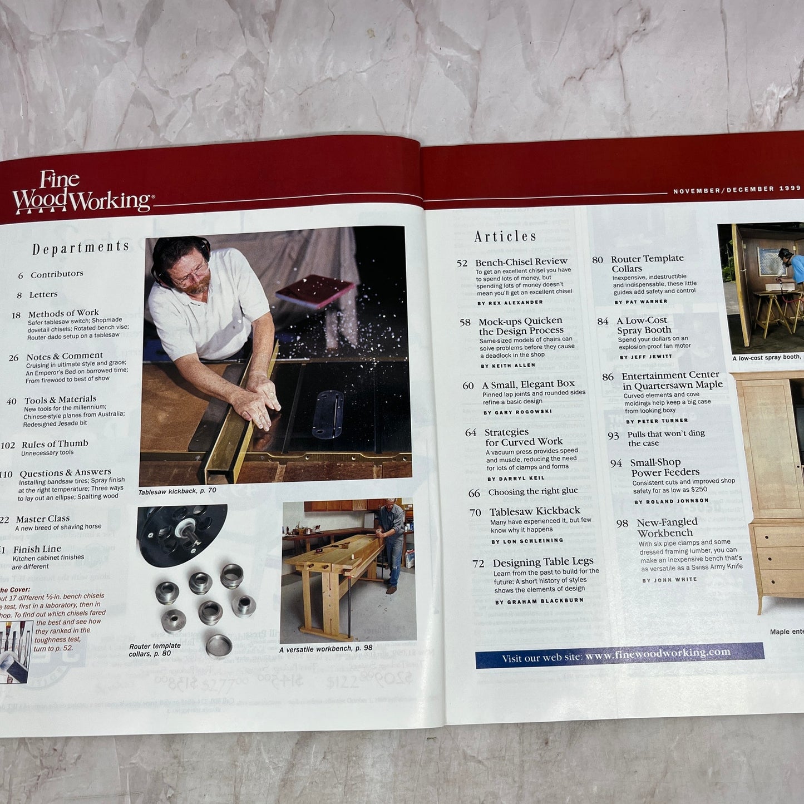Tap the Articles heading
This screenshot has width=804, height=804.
click(x=505, y=236)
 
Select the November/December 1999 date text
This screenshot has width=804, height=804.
click(x=736, y=190)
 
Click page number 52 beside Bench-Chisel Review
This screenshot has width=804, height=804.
click(x=462, y=263)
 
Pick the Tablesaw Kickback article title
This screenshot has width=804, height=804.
click(x=534, y=511)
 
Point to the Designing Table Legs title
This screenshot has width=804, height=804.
click(x=542, y=562)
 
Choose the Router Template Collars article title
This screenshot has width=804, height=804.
click(x=647, y=263)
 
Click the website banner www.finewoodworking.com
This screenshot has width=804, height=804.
click(x=619, y=655)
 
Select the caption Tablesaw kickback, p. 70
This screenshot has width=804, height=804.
click(x=177, y=491)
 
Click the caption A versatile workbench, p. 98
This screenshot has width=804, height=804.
click(x=325, y=649)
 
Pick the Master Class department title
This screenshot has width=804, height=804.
click(x=42, y=519)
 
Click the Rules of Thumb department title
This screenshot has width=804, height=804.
click(x=55, y=444)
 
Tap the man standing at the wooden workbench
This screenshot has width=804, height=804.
click(x=391, y=540)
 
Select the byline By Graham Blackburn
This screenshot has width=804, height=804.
click(x=539, y=601)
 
